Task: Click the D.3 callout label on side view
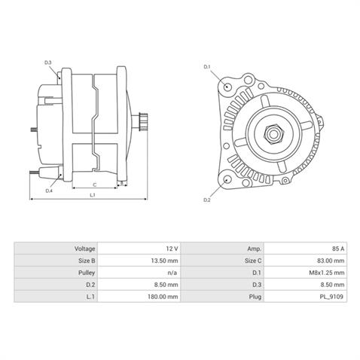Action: (x=48, y=62)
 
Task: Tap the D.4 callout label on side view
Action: (x=48, y=191)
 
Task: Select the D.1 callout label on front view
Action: (x=207, y=67)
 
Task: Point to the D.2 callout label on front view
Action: (x=207, y=200)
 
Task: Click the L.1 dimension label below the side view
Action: (x=92, y=195)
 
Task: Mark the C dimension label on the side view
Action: (x=94, y=183)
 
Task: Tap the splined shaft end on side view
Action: (x=143, y=121)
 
